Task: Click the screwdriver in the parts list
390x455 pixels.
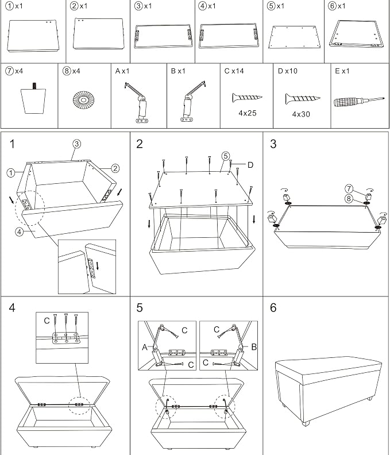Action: click(359, 102)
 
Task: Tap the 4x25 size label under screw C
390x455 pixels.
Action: click(248, 113)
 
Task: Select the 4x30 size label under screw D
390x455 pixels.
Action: click(301, 114)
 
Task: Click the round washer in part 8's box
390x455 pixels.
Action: click(84, 100)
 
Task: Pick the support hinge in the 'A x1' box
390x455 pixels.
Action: click(138, 102)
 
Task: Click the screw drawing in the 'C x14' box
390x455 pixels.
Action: click(247, 98)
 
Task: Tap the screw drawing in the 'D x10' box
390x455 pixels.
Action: click(302, 99)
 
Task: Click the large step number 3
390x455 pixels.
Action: click(273, 144)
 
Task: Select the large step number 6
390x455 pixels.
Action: click(273, 308)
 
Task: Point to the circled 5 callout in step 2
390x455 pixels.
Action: click(226, 156)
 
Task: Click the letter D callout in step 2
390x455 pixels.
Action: click(250, 165)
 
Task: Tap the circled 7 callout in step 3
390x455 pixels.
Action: click(349, 189)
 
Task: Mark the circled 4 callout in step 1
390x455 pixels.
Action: click(19, 232)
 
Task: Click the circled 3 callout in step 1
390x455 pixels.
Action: click(76, 144)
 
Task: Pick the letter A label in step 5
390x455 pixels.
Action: click(145, 347)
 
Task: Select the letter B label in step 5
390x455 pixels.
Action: click(254, 347)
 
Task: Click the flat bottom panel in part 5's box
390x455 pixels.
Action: click(294, 37)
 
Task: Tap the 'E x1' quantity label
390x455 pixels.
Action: click(342, 71)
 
